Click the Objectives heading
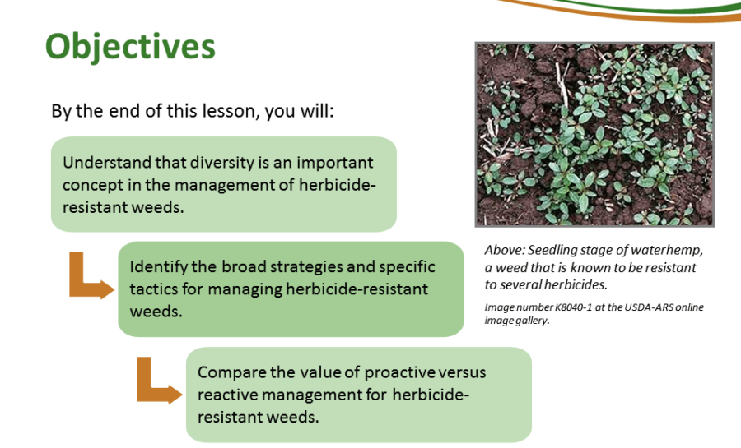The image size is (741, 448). (x=130, y=48)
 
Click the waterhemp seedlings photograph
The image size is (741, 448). (x=594, y=135)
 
